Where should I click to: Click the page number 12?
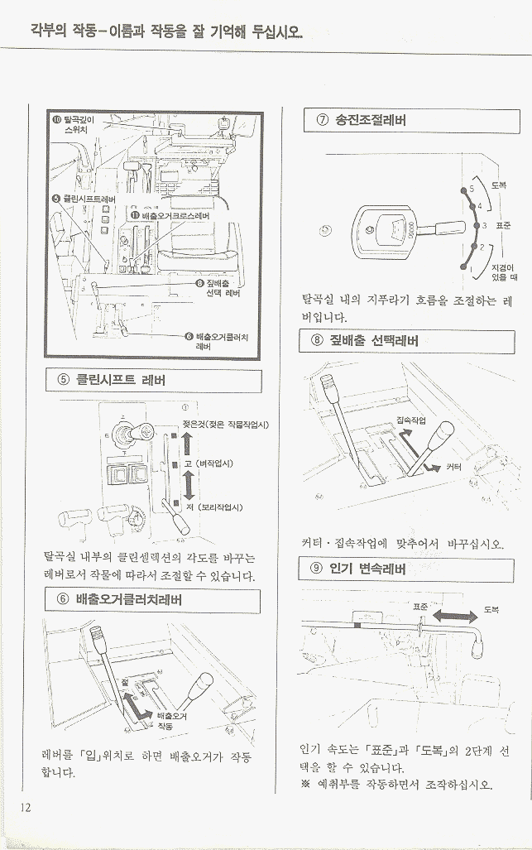pyautogui.click(x=25, y=807)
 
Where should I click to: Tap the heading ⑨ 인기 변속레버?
pyautogui.click(x=357, y=570)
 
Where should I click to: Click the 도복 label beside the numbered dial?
pyautogui.click(x=500, y=185)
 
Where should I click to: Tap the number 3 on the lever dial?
pyautogui.click(x=486, y=225)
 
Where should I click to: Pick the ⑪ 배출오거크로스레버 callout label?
pyautogui.click(x=170, y=215)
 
